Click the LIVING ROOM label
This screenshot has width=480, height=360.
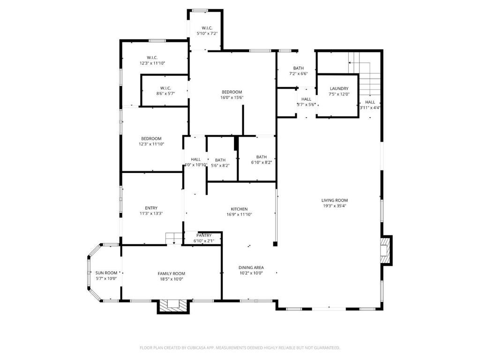(x=334, y=200)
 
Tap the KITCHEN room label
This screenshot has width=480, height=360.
(x=239, y=209)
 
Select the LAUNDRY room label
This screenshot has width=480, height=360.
(x=339, y=89)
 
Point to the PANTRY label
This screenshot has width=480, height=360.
(x=204, y=235)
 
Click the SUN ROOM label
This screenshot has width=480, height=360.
(x=106, y=273)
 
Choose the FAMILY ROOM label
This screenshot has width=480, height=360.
(x=171, y=274)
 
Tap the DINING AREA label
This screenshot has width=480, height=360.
(x=251, y=267)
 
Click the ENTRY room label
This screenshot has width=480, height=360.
(x=151, y=208)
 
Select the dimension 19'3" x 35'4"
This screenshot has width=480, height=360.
(x=334, y=206)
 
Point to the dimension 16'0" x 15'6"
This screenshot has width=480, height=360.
(x=232, y=97)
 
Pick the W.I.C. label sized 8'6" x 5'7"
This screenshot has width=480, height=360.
(x=165, y=88)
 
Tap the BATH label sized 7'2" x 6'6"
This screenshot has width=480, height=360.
(x=298, y=68)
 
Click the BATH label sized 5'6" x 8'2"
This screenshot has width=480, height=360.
(x=220, y=160)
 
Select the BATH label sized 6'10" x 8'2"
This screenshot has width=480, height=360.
(x=261, y=157)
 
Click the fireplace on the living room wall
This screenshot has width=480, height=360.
(x=385, y=250)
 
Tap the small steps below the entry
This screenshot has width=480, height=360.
(x=173, y=239)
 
